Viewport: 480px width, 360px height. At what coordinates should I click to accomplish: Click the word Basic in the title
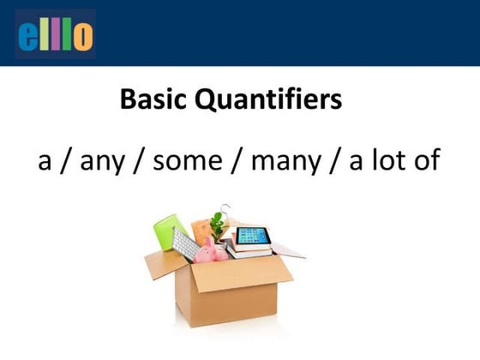coord(155,100)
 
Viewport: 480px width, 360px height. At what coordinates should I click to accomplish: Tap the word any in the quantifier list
coord(104,161)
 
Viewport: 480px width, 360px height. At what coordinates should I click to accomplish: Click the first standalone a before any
coord(45,162)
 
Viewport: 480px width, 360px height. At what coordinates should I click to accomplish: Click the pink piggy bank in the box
coord(211,251)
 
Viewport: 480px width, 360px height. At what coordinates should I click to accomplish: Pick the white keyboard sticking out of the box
coord(185,243)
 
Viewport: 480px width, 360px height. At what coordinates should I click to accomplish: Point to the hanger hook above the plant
coord(225,207)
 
